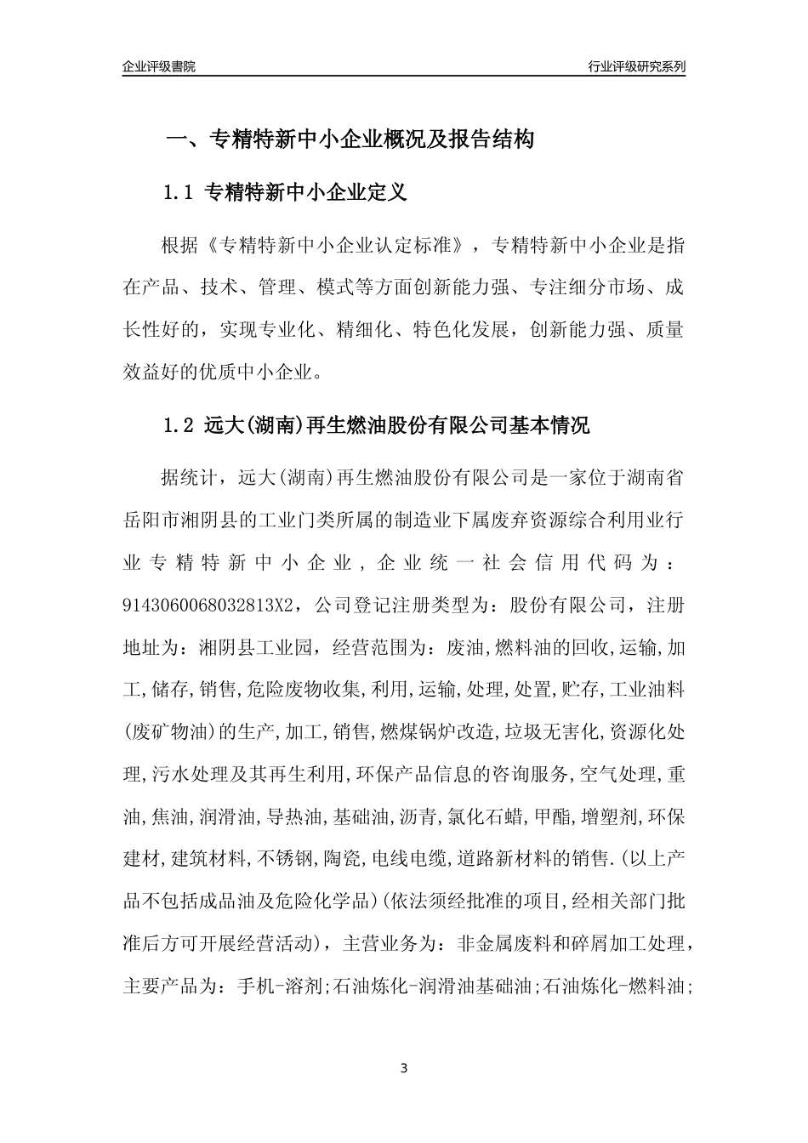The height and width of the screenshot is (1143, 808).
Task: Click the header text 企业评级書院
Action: click(159, 66)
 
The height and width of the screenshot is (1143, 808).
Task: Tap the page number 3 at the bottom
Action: click(404, 1068)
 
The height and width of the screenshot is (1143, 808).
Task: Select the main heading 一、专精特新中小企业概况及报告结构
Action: click(349, 140)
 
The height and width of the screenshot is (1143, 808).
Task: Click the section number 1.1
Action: click(179, 193)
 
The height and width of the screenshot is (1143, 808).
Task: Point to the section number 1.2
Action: click(179, 426)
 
